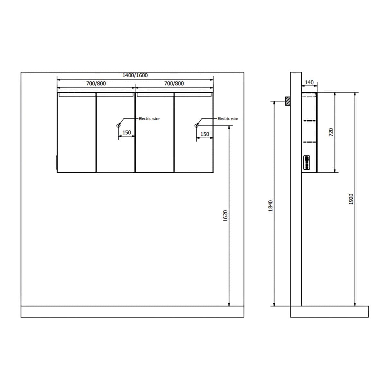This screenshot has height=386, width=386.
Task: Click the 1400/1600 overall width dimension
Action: point(135,75)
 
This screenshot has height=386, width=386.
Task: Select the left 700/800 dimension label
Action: point(96,84)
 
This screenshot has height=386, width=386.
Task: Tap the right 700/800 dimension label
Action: point(174,84)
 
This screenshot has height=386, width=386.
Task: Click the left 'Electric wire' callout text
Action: point(149,119)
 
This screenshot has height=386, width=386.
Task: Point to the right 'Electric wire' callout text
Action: point(228,119)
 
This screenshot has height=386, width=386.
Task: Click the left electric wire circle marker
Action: point(118,125)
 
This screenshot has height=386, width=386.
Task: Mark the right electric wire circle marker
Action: point(196,125)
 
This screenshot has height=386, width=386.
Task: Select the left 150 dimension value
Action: point(127,133)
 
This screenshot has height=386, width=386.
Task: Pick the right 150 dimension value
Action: point(205,134)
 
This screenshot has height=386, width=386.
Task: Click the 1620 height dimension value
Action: point(225,216)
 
